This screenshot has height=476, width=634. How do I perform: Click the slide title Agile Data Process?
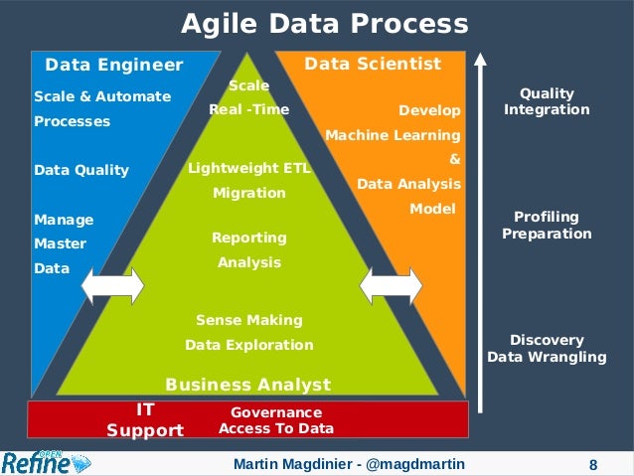(324, 24)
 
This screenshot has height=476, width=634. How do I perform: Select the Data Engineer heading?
(114, 66)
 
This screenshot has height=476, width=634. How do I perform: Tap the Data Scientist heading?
(373, 64)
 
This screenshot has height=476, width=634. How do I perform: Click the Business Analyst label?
(247, 384)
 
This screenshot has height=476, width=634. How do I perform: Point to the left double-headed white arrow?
(112, 286)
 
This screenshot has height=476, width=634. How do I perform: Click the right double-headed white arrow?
(391, 286)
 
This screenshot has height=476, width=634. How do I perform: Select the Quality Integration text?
(547, 101)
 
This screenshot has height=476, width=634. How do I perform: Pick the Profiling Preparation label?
(547, 226)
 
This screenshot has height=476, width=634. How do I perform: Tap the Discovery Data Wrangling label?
(547, 349)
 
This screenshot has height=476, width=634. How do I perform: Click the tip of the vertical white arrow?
(481, 55)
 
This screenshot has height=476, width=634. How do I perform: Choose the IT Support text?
(145, 419)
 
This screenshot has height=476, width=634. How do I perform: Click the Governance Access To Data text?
(276, 419)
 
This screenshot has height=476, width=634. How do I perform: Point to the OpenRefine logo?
(46, 462)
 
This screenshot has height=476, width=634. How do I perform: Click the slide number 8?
(593, 464)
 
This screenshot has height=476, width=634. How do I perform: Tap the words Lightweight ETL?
(249, 169)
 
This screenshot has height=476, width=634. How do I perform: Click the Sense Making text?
(249, 321)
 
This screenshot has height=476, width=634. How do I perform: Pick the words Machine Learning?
(393, 135)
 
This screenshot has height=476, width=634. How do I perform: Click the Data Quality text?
(81, 170)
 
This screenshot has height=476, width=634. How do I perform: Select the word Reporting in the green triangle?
(249, 238)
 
